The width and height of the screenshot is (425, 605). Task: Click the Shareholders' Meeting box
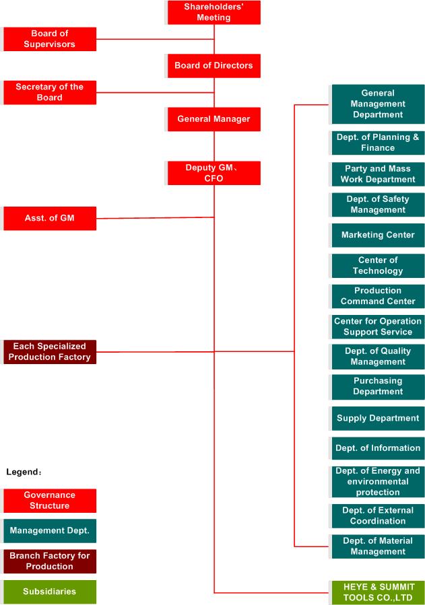pos(214,12)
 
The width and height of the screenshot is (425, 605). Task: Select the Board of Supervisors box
pos(50,39)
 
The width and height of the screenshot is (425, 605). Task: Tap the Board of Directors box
pos(214,65)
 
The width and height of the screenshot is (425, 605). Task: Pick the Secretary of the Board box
pos(50,93)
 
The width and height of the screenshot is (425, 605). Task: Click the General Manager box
pos(214,119)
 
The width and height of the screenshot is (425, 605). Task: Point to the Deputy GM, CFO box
pos(214,173)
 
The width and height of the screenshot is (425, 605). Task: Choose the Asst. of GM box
pos(50,219)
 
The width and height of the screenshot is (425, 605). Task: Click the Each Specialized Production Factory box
pos(50,352)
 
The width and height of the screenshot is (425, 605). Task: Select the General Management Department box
pos(378,104)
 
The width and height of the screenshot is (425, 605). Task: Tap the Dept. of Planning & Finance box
pos(378,143)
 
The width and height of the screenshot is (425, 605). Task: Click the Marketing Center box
pos(378,235)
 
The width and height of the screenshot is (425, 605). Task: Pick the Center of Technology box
pos(378,265)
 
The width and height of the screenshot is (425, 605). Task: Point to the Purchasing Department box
pos(378,386)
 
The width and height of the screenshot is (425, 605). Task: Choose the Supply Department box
pos(378,419)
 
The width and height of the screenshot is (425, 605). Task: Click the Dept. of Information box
pos(378,448)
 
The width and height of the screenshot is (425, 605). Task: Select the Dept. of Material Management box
pos(378,546)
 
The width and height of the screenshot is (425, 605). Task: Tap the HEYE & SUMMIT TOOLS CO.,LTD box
pos(378,592)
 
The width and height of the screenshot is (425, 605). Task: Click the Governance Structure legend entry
pos(50,501)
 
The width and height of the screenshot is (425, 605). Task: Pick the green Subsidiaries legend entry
pos(50,592)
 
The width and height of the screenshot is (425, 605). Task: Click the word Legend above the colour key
pos(22,472)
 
